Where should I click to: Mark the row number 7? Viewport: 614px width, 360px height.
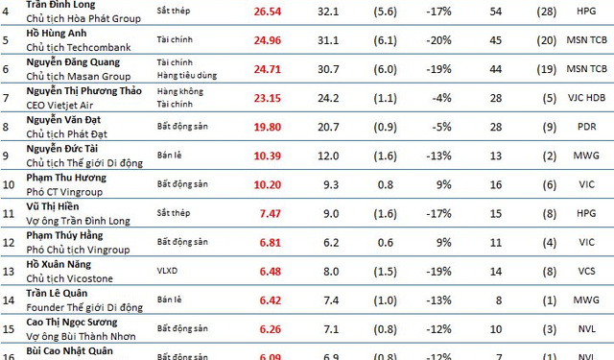point(9,99)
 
